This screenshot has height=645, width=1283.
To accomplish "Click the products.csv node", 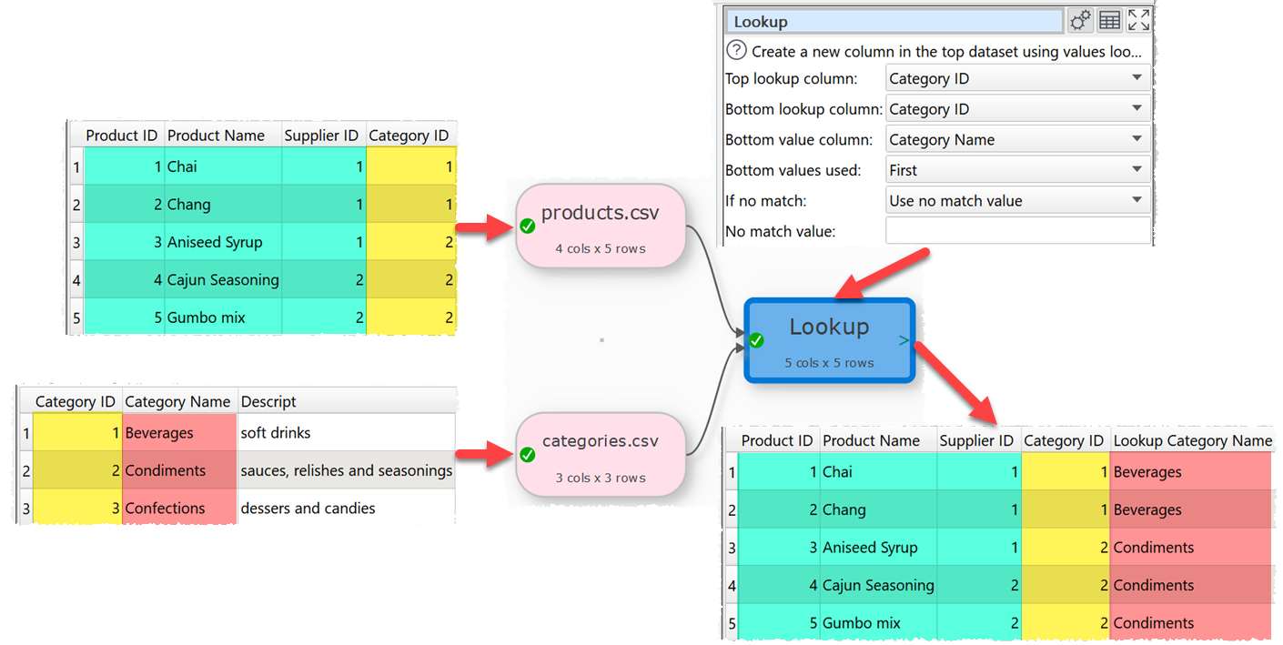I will pyautogui.click(x=600, y=226).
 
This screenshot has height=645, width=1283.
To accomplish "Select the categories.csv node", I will pyautogui.click(x=600, y=454).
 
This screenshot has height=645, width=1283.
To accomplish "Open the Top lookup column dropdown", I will pyautogui.click(x=1017, y=79).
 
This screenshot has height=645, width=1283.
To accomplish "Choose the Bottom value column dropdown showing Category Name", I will pyautogui.click(x=1017, y=140).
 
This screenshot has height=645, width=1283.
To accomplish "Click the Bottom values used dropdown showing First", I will pyautogui.click(x=1017, y=170).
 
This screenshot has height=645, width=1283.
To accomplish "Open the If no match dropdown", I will pyautogui.click(x=1017, y=201).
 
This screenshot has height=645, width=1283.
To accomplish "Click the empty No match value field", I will pyautogui.click(x=1017, y=231).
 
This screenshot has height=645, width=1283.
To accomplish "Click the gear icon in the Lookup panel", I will pyautogui.click(x=1080, y=21).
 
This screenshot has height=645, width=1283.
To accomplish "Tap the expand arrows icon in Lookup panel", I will pyautogui.click(x=1138, y=21).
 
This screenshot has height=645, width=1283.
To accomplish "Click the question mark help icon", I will pyautogui.click(x=736, y=52).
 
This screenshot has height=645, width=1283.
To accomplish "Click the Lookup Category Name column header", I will pyautogui.click(x=1192, y=441).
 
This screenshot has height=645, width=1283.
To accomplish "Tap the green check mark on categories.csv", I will pyautogui.click(x=527, y=454).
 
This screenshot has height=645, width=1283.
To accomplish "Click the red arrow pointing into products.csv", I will pyautogui.click(x=482, y=229).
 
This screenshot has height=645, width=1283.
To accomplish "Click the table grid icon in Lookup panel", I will pyautogui.click(x=1109, y=21).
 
